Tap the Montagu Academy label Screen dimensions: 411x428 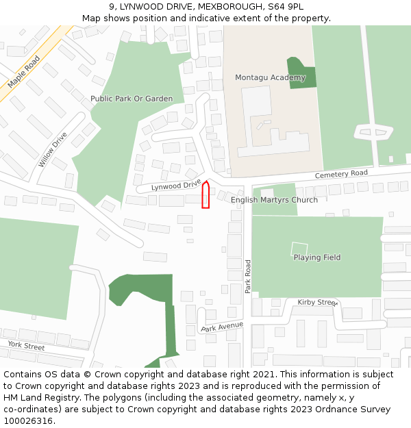(270, 77)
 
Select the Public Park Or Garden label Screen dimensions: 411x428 (132, 99)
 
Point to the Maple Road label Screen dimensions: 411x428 (21, 73)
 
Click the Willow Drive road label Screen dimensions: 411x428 (53, 149)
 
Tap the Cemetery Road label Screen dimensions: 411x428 (341, 175)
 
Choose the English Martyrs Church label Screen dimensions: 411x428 (274, 200)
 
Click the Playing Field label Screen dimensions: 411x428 (317, 257)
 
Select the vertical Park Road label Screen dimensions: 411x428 (249, 277)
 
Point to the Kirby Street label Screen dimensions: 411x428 (318, 302)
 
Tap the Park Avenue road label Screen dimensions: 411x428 (223, 327)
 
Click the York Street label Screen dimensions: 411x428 (26, 346)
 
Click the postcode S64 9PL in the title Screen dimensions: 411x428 (284, 7)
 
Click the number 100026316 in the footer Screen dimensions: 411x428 (28, 421)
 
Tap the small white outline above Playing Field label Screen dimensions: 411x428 (299, 248)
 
